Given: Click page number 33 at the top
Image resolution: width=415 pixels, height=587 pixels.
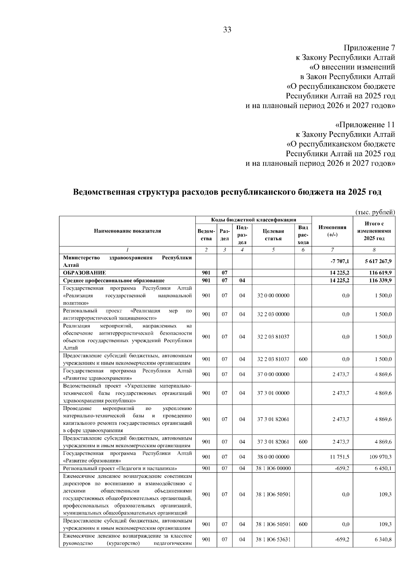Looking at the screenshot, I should pyautogui.click(x=227, y=30).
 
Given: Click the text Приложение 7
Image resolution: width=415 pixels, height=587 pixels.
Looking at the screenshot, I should pyautogui.click(x=369, y=48).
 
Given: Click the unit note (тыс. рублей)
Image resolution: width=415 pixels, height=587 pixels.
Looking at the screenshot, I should pyautogui.click(x=375, y=212).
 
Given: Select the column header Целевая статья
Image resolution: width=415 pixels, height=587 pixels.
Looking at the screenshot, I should pyautogui.click(x=273, y=235).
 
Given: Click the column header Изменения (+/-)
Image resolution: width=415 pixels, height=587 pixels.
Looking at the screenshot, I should pyautogui.click(x=332, y=231).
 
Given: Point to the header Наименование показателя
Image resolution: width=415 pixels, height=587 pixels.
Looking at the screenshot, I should pyautogui.click(x=127, y=231).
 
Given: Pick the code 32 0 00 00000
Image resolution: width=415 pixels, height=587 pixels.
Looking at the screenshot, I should pyautogui.click(x=273, y=296).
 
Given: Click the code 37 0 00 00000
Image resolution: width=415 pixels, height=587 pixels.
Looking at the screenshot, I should pyautogui.click(x=273, y=374).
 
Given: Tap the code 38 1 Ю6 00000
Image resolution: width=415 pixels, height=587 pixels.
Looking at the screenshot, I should pyautogui.click(x=273, y=468).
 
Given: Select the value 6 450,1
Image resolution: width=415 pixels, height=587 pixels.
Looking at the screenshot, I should pyautogui.click(x=383, y=468).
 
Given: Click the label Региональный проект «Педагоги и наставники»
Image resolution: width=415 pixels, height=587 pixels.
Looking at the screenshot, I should pyautogui.click(x=120, y=468).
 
